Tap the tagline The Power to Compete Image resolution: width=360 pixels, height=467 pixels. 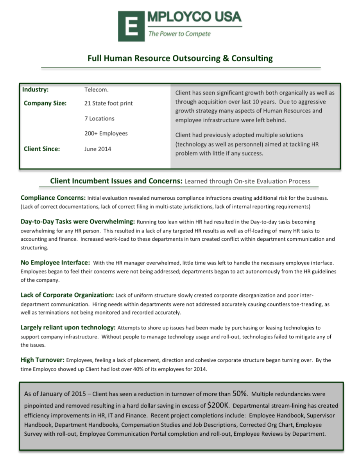click(179, 34)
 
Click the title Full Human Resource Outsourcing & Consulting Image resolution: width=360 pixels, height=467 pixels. click(180, 59)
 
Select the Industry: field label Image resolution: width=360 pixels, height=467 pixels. click(36, 89)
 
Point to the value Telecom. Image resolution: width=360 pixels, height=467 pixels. click(96, 90)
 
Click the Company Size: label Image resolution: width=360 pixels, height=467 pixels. click(45, 104)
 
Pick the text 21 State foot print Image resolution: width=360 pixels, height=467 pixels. click(108, 104)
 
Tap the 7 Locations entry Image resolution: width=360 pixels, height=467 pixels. click(99, 118)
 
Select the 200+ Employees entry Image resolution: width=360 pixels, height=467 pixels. click(106, 134)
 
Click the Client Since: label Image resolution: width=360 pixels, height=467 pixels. click(42, 149)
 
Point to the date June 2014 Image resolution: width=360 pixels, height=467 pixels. click(98, 149)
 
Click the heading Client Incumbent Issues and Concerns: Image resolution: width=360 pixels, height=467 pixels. click(116, 181)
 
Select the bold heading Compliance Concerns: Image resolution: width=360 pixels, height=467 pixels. click(53, 198)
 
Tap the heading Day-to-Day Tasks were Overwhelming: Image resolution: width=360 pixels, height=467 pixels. click(77, 222)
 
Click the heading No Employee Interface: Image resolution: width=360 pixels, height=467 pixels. click(56, 262)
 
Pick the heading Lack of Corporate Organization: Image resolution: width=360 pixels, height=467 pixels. click(67, 295)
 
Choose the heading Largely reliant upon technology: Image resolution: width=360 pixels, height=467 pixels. click(68, 327)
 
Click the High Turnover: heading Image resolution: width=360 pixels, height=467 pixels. click(43, 360)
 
